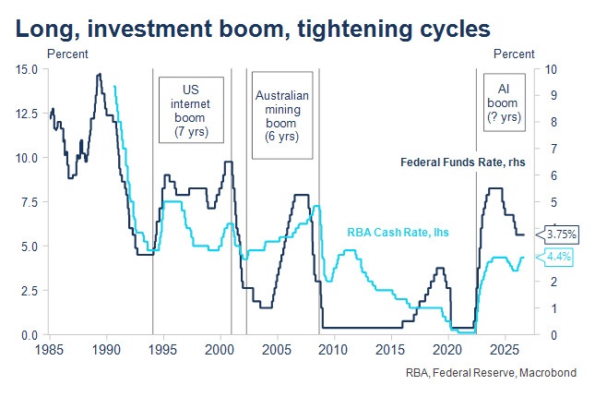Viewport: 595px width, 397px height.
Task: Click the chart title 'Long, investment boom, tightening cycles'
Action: pos(253,29)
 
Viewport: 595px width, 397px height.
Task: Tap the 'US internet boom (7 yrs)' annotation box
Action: pos(191,110)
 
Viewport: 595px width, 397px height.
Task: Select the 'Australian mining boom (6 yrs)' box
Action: pos(282,115)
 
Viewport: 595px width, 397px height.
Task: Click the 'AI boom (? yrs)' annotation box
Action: pos(505,102)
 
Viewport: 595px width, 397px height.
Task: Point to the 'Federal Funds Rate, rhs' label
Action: pos(463,162)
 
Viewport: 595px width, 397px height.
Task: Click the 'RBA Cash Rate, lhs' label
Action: pos(399,232)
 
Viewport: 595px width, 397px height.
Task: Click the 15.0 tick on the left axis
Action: pos(27,69)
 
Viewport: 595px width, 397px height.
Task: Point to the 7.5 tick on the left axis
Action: pos(30,202)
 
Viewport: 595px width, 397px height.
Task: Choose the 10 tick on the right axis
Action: pos(551,69)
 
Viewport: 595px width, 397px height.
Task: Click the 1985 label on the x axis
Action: pos(49,350)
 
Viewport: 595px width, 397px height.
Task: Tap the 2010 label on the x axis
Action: pos(334,350)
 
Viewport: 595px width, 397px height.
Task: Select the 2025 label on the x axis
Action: pos(505,350)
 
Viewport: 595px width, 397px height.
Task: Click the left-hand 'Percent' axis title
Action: pos(67,54)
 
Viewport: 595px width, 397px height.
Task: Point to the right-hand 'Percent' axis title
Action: pos(514,54)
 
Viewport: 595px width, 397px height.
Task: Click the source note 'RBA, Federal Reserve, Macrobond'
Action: pos(491,373)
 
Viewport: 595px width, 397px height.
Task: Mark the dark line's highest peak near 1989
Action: pos(100,74)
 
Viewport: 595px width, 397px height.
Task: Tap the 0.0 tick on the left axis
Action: pos(30,335)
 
